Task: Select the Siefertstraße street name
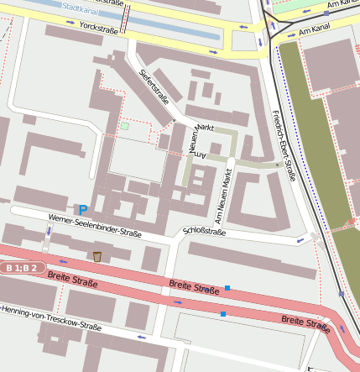click(154, 86)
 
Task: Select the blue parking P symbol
click(83, 208)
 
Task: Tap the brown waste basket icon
click(97, 256)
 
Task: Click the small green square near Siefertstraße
click(125, 126)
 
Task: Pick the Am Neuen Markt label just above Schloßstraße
click(224, 195)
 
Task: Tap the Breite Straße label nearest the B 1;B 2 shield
click(72, 279)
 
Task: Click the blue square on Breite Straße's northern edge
click(227, 289)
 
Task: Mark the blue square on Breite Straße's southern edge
click(222, 314)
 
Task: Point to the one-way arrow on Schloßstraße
click(301, 241)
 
